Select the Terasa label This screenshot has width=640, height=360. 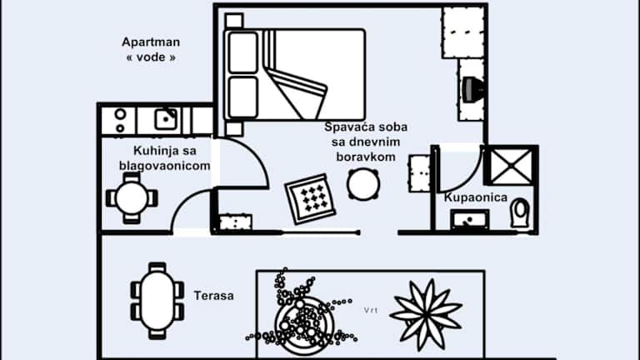213,295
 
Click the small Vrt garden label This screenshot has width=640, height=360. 371,310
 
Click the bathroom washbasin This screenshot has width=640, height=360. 472,219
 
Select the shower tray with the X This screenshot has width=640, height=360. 510,165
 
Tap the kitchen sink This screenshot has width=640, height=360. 166,118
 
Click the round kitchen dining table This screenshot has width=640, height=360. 132,198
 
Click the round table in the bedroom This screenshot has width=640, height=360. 363,183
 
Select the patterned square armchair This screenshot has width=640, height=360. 310,197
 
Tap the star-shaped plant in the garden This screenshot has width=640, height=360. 426,313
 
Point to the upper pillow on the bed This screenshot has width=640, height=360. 242,52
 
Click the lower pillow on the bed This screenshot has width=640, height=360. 242,99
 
